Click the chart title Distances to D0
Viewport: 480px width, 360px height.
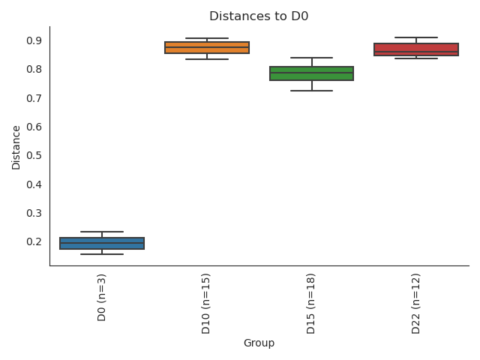point(259,16)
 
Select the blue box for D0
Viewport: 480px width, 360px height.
point(102,243)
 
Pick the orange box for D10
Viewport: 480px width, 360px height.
point(207,47)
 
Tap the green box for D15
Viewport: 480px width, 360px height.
point(311,73)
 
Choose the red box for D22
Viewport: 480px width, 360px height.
point(416,49)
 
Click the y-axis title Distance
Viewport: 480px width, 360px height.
point(16,146)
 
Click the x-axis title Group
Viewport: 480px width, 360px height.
point(259,343)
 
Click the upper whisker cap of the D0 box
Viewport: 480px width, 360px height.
point(102,232)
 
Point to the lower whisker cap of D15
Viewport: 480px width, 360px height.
point(311,91)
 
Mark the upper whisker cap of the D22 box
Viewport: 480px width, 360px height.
point(416,37)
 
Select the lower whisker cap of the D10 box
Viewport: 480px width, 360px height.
point(207,59)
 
